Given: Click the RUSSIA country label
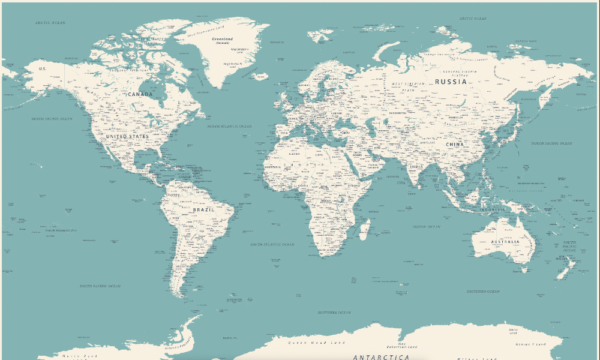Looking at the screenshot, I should (451, 81).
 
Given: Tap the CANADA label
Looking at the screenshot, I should (140, 94).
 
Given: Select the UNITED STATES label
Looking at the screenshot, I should (127, 137).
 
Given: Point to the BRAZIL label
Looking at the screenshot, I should (203, 211).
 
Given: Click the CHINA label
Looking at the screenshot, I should (455, 145).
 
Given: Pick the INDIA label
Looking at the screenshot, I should (416, 166).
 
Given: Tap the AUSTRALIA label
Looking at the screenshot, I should (505, 242).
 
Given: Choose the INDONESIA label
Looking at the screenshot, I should (493, 210).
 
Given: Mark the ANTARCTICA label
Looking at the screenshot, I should (382, 357).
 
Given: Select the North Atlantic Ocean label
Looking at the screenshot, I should (229, 127).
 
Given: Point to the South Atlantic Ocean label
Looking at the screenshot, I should (272, 245).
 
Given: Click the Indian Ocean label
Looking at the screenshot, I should (426, 227).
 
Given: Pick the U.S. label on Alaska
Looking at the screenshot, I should (42, 68).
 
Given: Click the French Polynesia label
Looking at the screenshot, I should (61, 230).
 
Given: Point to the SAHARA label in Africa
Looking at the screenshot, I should (303, 164).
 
